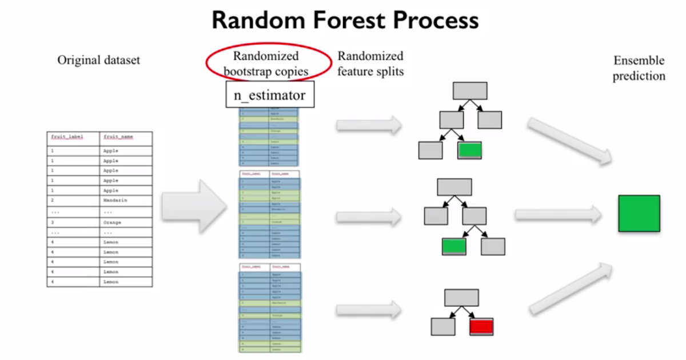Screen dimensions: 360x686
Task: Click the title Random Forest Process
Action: pyautogui.click(x=345, y=21)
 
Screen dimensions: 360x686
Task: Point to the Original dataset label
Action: pyautogui.click(x=98, y=60)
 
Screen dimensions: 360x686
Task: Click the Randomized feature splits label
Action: pyautogui.click(x=370, y=63)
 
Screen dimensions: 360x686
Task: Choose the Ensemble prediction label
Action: pyautogui.click(x=639, y=68)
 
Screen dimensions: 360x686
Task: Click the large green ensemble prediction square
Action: pyautogui.click(x=639, y=213)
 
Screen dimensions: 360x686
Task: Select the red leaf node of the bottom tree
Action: pyautogui.click(x=481, y=326)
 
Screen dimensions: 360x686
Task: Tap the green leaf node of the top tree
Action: pyautogui.click(x=469, y=150)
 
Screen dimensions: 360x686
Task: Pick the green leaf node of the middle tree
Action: pyautogui.click(x=454, y=246)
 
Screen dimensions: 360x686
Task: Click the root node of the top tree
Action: pyautogui.click(x=470, y=91)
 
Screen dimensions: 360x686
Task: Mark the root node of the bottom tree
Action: pyautogui.click(x=461, y=298)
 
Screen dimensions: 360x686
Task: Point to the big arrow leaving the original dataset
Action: pyautogui.click(x=196, y=206)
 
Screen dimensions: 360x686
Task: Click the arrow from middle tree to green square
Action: pyautogui.click(x=557, y=215)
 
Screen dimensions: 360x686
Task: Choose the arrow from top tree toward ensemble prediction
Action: pyautogui.click(x=569, y=140)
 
